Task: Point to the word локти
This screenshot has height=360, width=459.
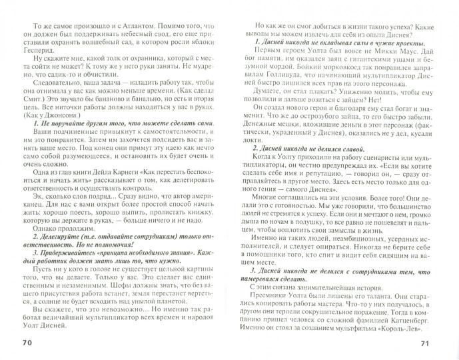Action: [249, 164]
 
